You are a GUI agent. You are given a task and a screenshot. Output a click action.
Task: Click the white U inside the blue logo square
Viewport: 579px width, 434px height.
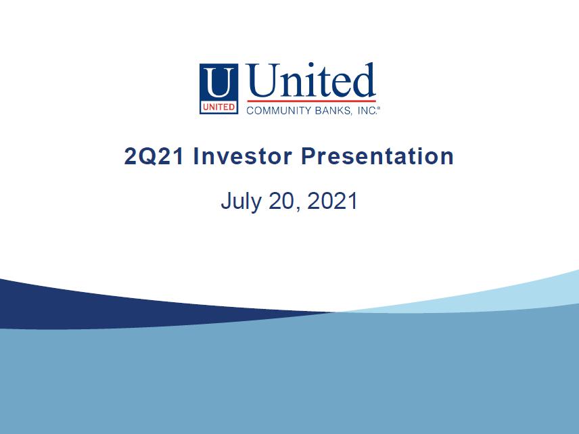(219, 82)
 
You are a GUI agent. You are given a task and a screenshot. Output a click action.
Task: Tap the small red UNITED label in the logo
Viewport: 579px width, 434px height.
(218, 107)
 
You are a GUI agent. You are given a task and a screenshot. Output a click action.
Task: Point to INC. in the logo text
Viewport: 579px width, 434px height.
(367, 110)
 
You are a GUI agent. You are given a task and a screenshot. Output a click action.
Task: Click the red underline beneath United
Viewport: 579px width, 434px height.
(311, 101)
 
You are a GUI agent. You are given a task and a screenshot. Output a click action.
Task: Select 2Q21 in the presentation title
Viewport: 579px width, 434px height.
(154, 156)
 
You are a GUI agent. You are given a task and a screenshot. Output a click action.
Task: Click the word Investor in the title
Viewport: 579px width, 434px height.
(243, 156)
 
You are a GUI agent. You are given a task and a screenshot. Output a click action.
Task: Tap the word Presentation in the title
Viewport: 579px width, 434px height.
(377, 156)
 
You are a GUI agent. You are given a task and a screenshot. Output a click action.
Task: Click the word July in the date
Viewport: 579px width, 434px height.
(241, 202)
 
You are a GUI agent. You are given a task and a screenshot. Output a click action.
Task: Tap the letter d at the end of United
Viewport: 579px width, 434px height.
(365, 80)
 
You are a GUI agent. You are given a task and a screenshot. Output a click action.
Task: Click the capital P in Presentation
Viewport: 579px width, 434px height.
(308, 156)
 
